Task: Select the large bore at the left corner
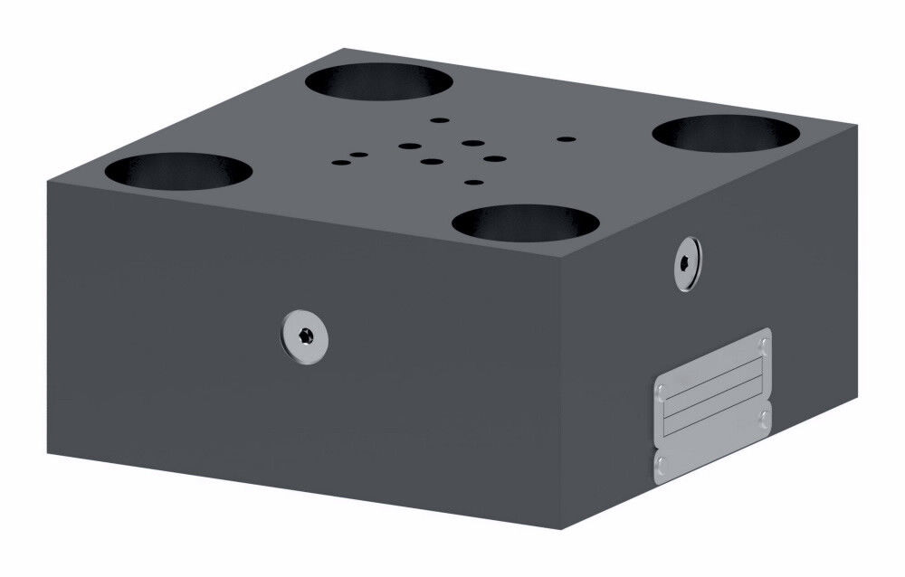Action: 178,171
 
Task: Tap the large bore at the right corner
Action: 726,133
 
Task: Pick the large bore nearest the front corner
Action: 525,222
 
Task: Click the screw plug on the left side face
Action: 304,336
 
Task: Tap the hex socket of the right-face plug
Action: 687,264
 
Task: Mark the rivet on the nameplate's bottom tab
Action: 661,466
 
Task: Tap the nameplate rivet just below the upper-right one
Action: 765,418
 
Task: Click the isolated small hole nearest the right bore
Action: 567,139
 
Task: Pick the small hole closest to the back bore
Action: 440,119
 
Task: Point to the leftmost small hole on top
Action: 340,163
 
